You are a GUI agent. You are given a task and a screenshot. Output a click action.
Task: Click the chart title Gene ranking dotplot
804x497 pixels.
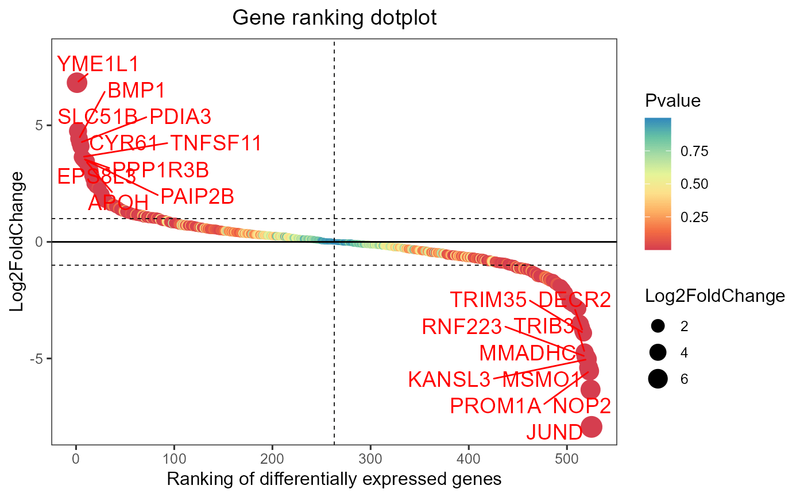(334, 18)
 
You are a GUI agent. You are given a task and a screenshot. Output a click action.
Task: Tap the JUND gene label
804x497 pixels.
(554, 432)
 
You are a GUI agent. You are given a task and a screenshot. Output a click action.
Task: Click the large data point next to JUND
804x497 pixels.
(591, 426)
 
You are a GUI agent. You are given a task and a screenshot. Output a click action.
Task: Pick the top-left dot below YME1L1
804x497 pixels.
(77, 83)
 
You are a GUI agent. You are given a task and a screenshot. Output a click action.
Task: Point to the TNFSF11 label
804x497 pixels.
(216, 143)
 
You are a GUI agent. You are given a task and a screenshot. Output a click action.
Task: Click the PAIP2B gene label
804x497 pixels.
(197, 197)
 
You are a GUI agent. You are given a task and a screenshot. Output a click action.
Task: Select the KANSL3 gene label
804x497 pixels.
(449, 379)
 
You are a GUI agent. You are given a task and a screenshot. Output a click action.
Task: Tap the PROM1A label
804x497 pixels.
(495, 406)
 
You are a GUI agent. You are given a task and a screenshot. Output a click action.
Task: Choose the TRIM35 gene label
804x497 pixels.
(488, 300)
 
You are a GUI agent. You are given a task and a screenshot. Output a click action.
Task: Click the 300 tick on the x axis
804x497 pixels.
(370, 457)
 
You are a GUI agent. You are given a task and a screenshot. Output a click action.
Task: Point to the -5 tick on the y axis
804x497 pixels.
(41, 359)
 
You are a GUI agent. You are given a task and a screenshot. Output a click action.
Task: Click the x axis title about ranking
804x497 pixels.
(334, 479)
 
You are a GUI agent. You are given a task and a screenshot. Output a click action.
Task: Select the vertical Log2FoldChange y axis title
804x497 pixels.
(19, 241)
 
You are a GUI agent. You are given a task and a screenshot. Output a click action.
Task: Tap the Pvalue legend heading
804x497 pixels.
(672, 101)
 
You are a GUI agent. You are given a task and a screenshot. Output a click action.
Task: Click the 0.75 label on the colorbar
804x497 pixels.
(694, 152)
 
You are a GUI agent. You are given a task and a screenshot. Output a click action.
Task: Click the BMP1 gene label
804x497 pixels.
(136, 90)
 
